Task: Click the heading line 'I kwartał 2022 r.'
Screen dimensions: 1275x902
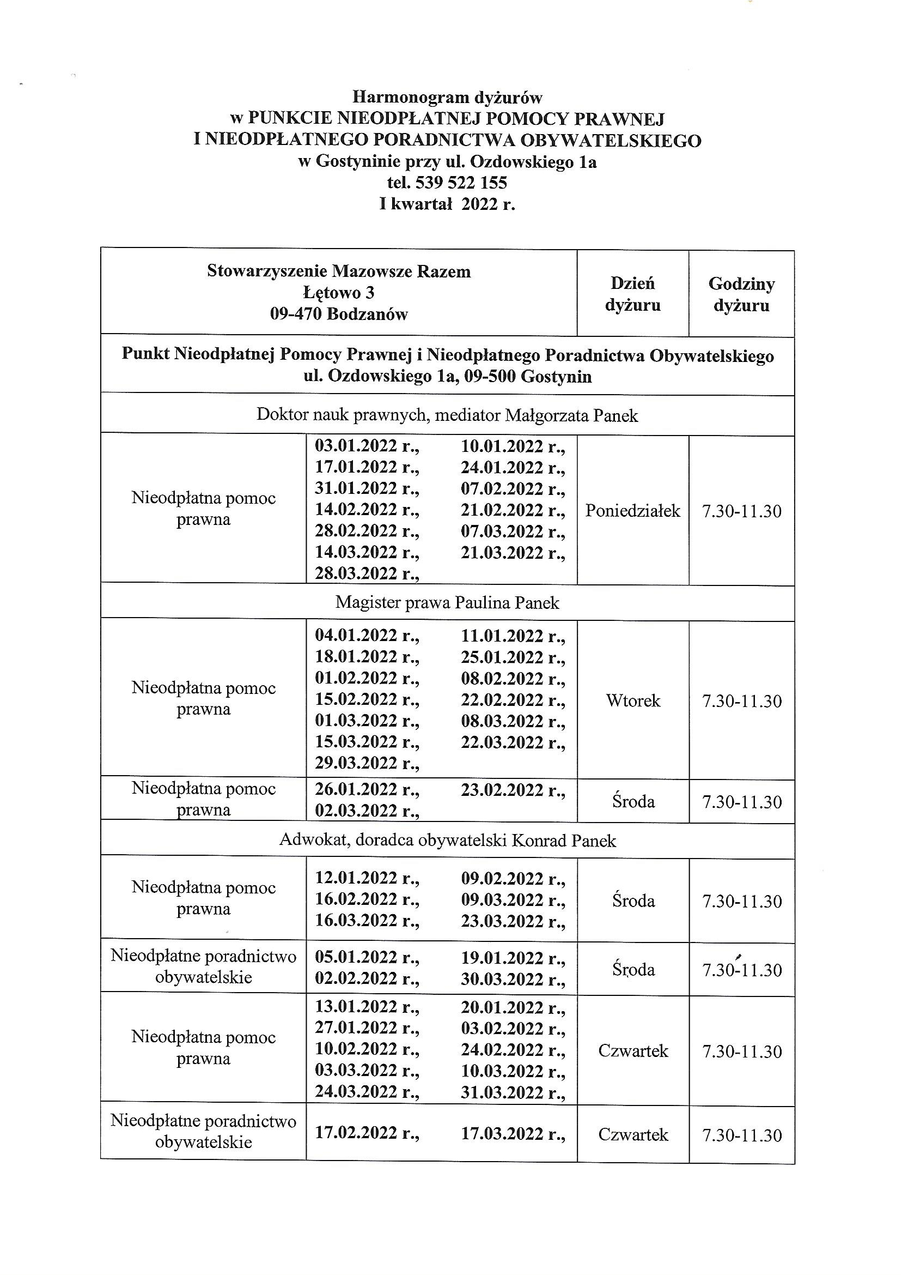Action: click(447, 204)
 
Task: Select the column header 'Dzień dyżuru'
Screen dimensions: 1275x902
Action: click(632, 294)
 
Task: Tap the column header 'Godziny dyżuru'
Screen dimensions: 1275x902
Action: click(741, 294)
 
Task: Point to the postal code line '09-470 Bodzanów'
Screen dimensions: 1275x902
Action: click(339, 314)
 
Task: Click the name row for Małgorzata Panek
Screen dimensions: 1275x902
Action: click(447, 415)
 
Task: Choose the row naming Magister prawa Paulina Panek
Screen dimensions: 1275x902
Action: click(447, 602)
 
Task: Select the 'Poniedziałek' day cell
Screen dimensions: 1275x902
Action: click(632, 510)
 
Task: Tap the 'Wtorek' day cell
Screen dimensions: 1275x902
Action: click(632, 700)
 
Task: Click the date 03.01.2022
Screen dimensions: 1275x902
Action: click(367, 446)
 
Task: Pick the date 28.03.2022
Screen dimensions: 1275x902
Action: click(367, 573)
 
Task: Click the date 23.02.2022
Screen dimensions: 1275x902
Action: click(512, 790)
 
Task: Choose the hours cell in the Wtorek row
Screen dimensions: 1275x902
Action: click(741, 700)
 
